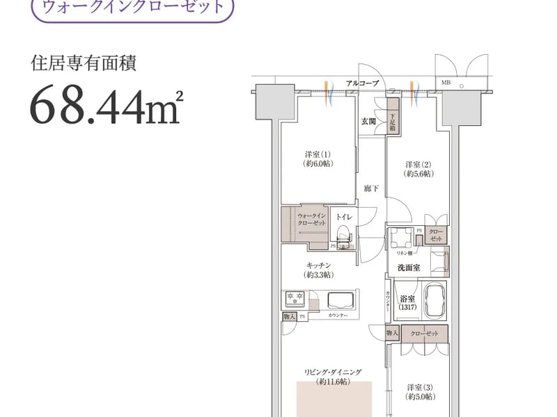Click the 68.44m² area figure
point(105,106)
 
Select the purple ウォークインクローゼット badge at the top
point(133,9)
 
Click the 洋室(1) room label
point(316,158)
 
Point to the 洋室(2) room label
point(419,169)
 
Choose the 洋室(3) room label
point(421,391)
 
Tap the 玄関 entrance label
point(368,121)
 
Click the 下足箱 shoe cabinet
point(393,122)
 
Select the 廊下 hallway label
point(370,188)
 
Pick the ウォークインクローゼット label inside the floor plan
point(311,220)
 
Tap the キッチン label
point(317,270)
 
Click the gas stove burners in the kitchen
point(295,300)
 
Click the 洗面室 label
point(408,268)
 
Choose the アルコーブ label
point(362,83)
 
